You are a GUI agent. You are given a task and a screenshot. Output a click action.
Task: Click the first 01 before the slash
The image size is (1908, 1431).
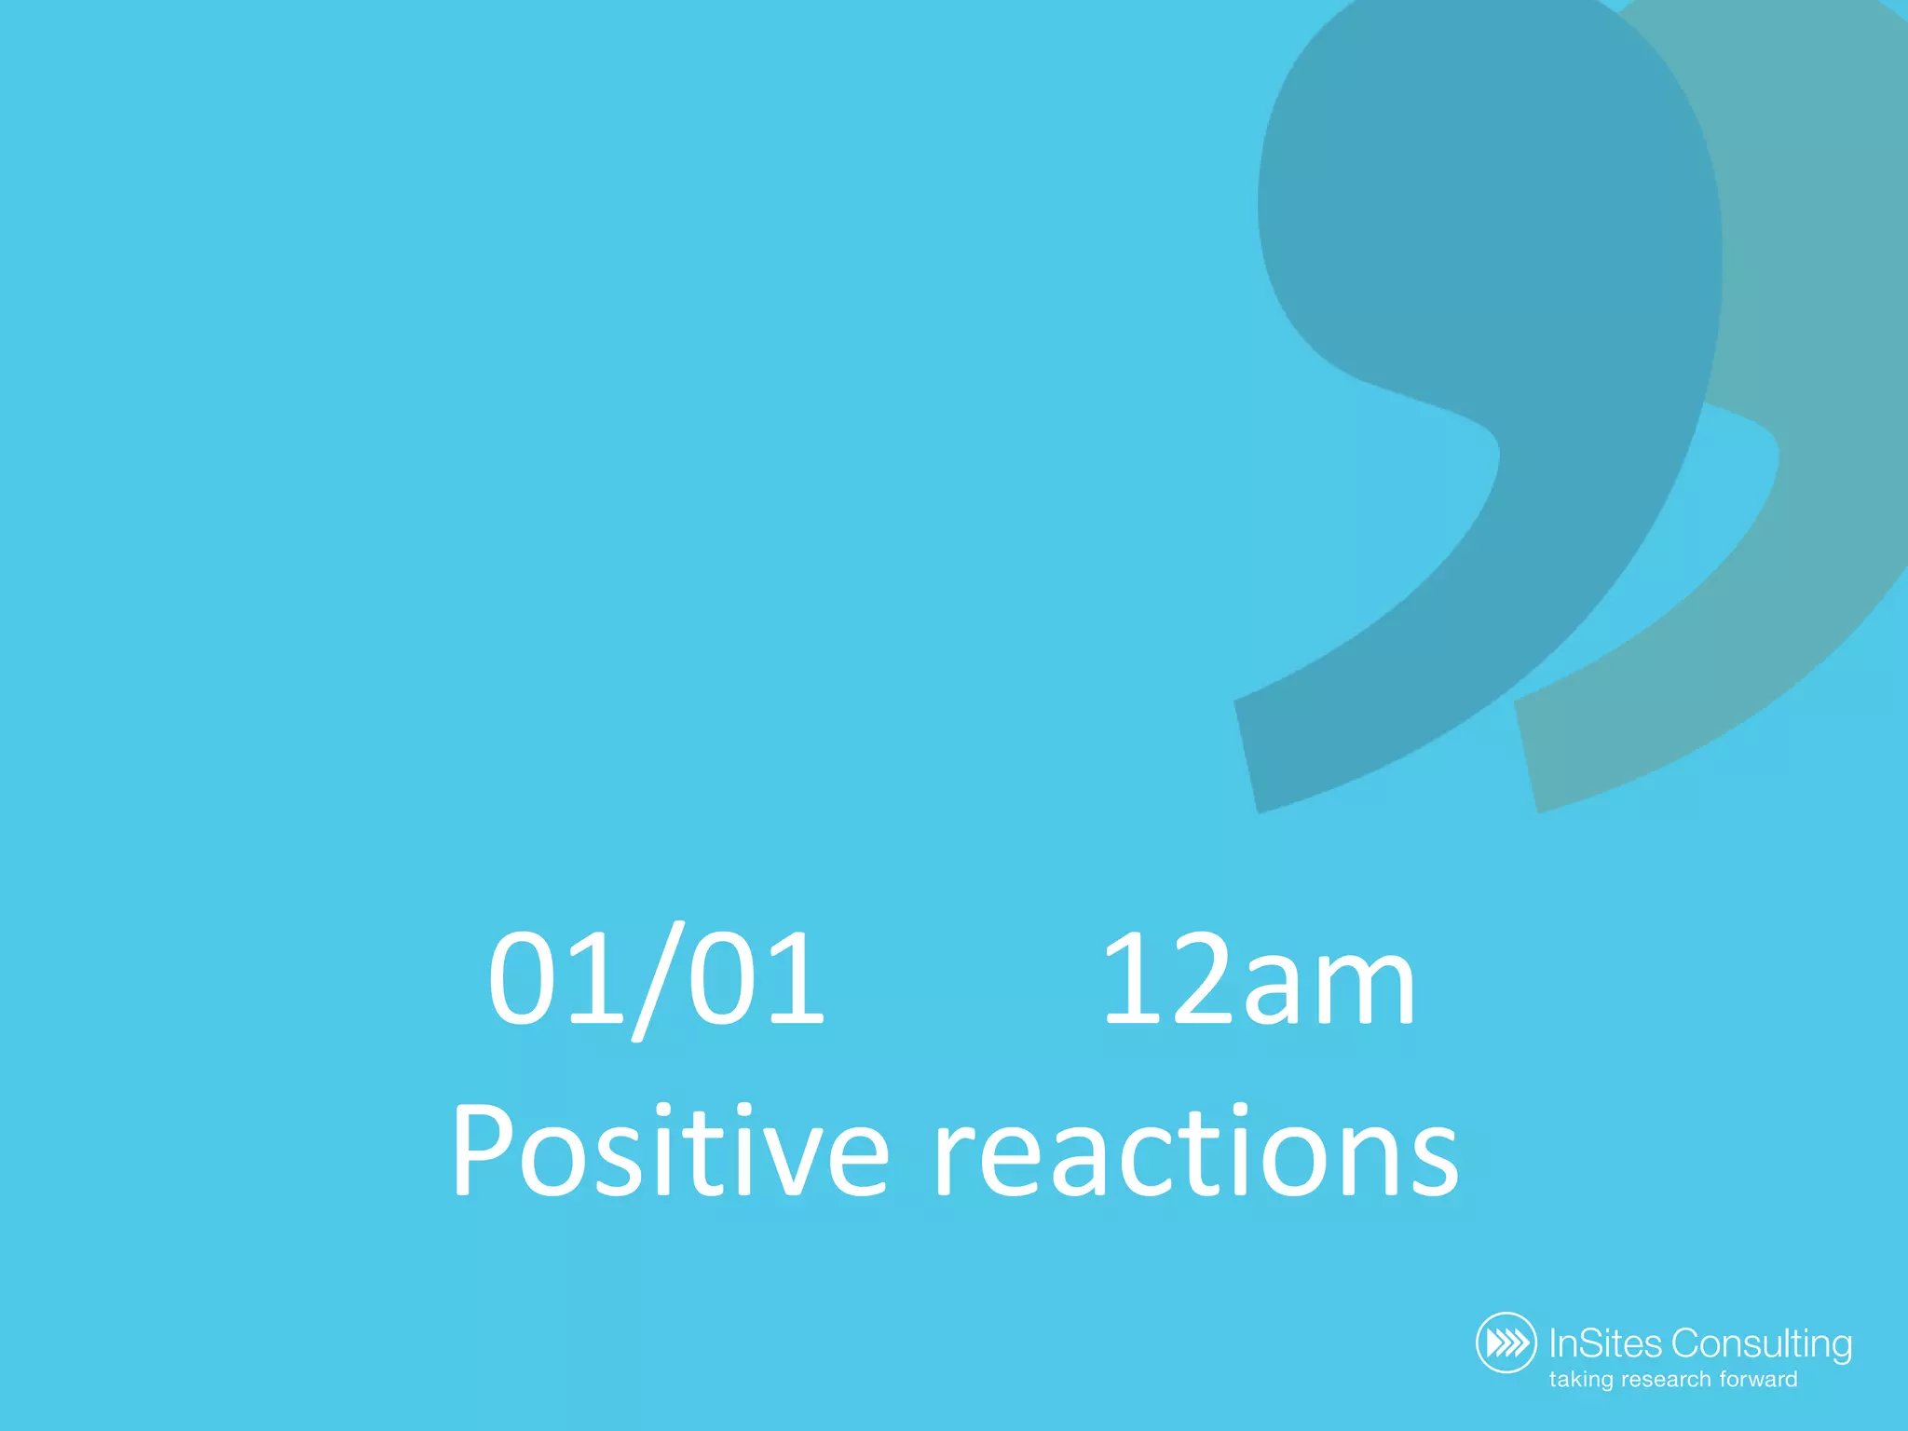(x=554, y=978)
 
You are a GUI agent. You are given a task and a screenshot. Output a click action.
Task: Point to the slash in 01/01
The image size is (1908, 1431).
(x=655, y=980)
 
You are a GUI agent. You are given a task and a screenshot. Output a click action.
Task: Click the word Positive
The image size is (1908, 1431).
(x=670, y=1152)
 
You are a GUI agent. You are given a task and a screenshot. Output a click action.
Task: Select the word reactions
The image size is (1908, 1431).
(x=1196, y=1155)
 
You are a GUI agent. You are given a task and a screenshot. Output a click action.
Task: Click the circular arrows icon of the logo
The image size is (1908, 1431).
(x=1506, y=1342)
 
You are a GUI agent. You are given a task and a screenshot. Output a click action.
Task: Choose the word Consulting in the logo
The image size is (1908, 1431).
(x=1761, y=1344)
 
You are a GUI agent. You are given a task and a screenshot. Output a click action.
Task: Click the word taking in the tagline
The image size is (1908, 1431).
(x=1581, y=1380)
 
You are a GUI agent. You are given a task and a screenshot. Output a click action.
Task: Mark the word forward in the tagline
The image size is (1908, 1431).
(x=1760, y=1380)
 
